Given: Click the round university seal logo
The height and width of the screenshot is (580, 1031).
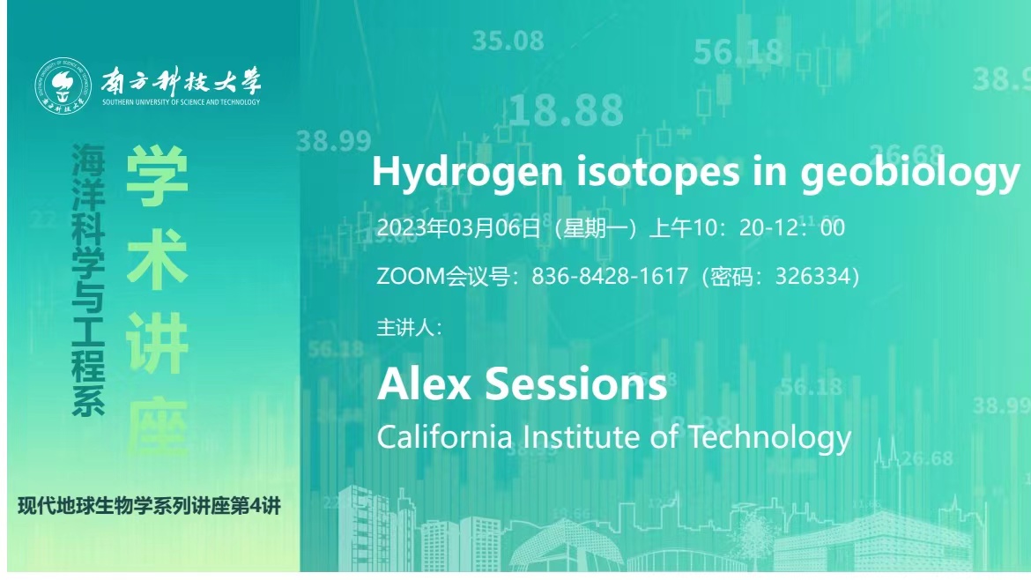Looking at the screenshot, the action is (x=63, y=86).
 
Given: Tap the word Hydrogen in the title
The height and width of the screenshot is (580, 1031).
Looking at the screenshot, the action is (x=468, y=172).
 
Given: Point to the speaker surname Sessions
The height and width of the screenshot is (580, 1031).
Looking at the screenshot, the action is (x=576, y=384).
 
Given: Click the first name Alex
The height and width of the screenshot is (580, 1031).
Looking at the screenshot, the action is (x=424, y=384).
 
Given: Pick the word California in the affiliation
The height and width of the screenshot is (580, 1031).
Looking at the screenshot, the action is (x=444, y=436).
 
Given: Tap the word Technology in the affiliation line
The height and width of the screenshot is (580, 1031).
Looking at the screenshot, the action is (x=769, y=438).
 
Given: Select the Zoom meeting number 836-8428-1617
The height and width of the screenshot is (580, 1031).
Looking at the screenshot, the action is (x=610, y=276).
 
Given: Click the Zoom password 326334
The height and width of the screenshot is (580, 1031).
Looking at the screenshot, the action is (x=813, y=276).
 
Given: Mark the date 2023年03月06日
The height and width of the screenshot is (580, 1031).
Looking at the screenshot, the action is (x=458, y=227).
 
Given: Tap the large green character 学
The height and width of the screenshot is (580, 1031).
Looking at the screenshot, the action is (x=157, y=175).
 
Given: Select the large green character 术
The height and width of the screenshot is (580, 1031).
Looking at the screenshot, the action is (x=157, y=260).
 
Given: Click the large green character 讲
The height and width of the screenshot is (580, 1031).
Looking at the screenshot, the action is (x=157, y=343).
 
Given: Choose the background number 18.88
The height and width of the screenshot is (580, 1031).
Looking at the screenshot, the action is (x=566, y=110).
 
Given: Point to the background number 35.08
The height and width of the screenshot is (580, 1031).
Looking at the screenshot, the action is (x=508, y=41).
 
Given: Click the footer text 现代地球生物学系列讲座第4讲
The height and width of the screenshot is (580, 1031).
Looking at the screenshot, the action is (x=149, y=506).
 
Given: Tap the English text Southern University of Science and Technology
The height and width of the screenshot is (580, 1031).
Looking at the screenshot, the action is (x=181, y=102).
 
